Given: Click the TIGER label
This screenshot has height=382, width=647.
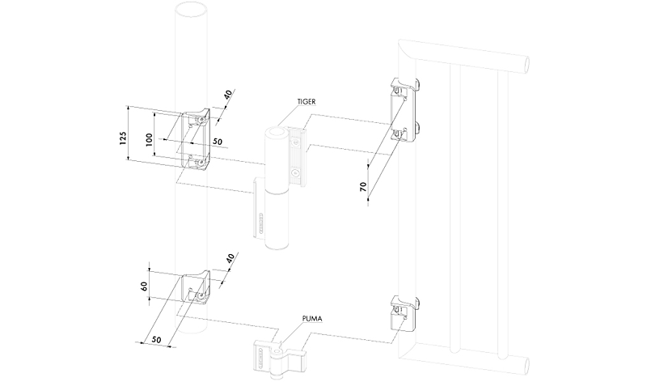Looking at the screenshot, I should coord(306,102).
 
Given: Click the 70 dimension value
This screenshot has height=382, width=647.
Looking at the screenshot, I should coord(364,187).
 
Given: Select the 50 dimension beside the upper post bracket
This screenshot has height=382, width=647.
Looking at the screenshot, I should coord(218,142).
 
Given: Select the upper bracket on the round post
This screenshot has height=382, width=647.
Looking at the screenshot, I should coord(194,140).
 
